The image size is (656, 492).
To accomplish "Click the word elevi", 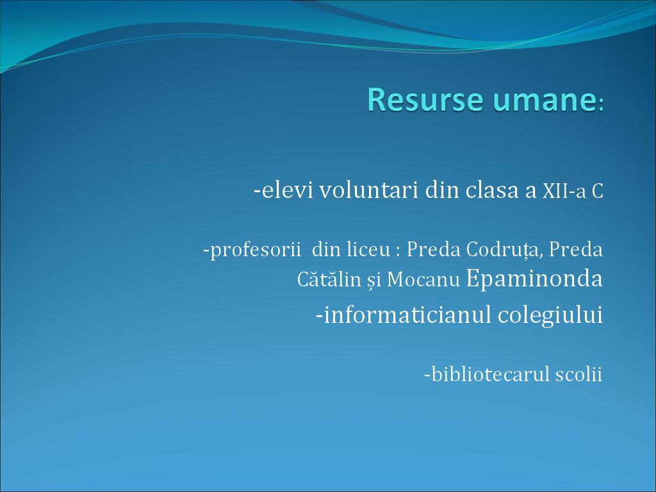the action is [x=287, y=190].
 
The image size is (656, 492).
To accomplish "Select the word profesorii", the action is [x=255, y=250].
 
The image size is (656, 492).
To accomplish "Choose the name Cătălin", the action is [x=329, y=279].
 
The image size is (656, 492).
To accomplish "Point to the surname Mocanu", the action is [x=423, y=279].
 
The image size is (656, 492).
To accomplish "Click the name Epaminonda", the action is [x=534, y=279].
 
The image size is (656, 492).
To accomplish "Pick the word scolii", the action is [x=578, y=374].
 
